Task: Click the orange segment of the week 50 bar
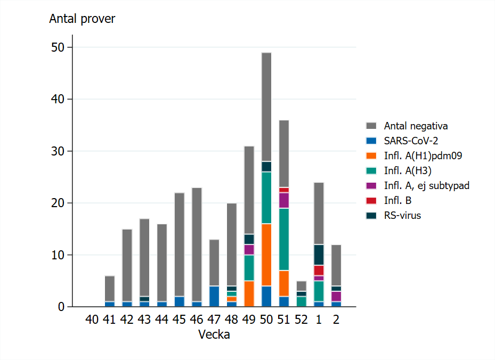266,255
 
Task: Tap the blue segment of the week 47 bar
214,297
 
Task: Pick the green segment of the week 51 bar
284,239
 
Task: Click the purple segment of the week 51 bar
284,200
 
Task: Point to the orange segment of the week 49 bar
249,294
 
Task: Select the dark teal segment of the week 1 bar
319,255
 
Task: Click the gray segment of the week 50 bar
266,107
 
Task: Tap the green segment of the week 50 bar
266,198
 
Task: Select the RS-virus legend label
402,216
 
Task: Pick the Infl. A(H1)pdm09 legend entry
416,156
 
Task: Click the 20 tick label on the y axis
58,203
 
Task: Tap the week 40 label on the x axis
92,320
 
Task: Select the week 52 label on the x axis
301,320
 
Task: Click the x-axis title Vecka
214,335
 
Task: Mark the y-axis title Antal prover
82,19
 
